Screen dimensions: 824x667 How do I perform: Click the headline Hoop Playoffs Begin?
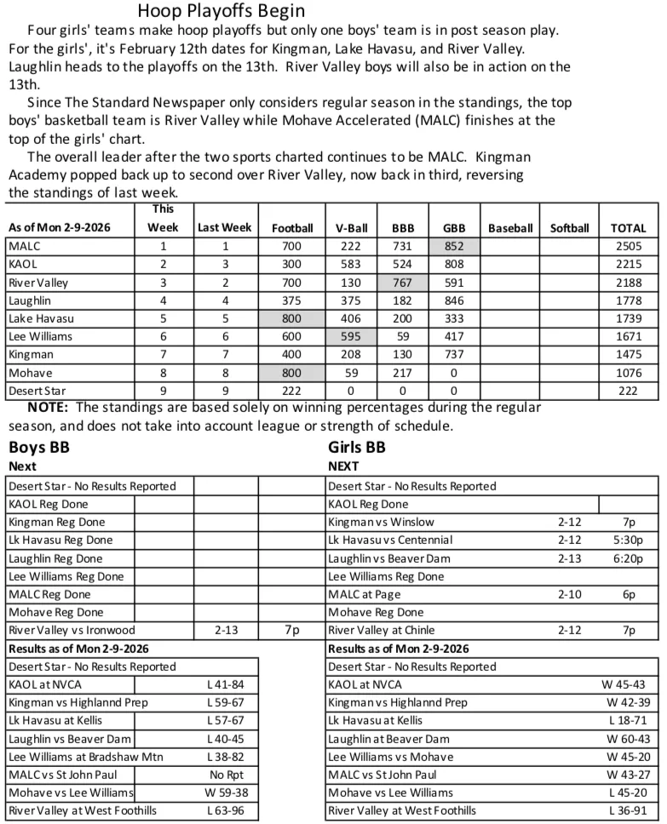coord(221,11)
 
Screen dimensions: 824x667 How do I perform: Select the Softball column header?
coord(569,227)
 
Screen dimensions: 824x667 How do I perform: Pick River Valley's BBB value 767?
coord(402,283)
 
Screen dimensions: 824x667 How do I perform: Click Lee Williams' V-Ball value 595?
coord(351,336)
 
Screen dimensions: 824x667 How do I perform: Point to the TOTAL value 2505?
coord(628,246)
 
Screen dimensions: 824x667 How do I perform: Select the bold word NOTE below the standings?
coord(48,408)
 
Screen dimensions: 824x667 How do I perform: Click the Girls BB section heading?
coord(357,447)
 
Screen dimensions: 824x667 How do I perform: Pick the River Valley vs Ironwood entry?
coord(72,631)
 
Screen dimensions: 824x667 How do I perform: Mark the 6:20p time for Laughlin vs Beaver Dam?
coord(629,558)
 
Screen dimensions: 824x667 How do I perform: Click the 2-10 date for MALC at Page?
coord(570,595)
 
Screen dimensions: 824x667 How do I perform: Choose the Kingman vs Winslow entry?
coord(381,522)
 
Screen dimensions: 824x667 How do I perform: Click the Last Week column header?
coord(224,227)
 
